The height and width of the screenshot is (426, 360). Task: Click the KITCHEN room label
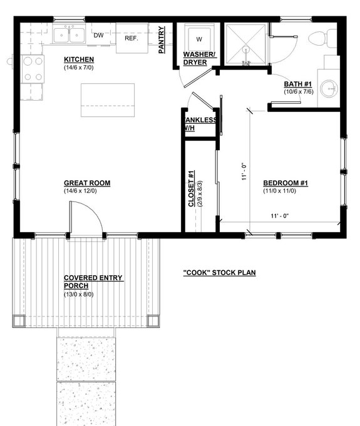[79, 59]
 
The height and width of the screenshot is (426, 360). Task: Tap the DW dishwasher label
[98, 36]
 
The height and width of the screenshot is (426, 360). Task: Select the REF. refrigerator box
[131, 38]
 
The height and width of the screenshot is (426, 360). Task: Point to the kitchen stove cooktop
[33, 69]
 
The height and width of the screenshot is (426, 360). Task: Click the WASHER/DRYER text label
[199, 59]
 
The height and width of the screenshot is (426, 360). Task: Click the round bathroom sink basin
[329, 88]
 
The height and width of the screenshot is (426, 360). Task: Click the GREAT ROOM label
[87, 183]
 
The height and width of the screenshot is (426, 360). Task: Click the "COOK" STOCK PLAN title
[219, 273]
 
